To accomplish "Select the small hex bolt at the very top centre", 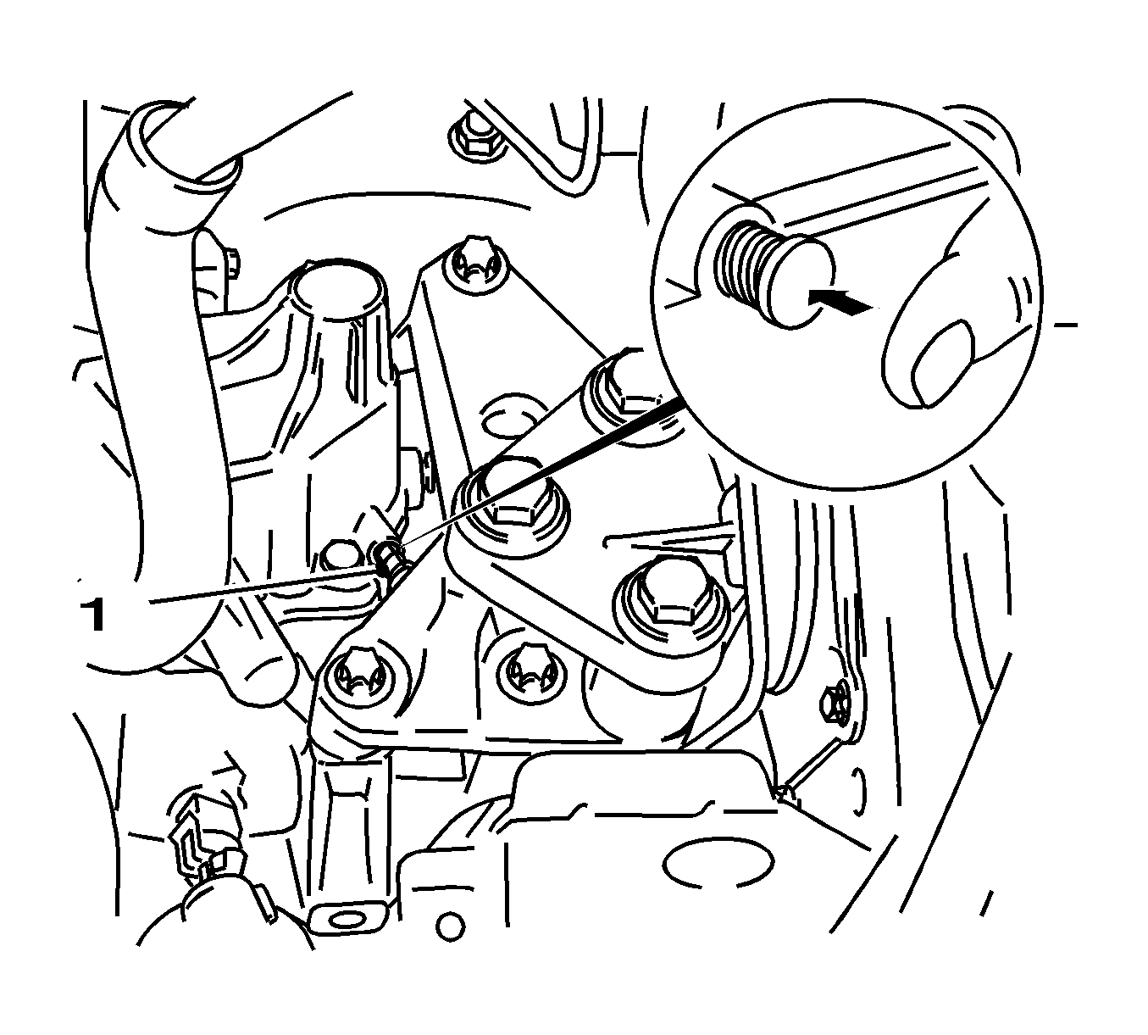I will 472,136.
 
